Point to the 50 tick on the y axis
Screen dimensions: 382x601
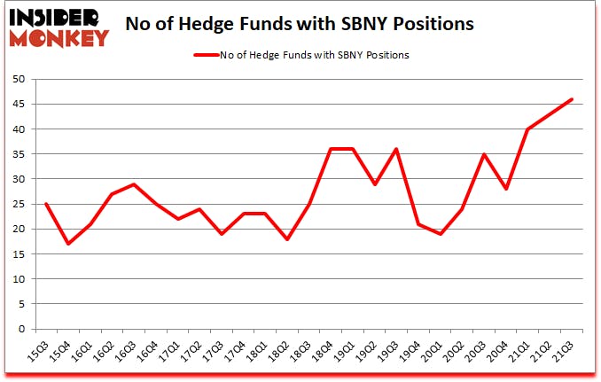point(18,80)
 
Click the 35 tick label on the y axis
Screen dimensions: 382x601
point(18,154)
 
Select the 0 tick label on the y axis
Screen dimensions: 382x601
point(21,329)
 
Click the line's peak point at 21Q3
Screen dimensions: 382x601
point(573,99)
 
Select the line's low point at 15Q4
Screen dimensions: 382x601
point(67,244)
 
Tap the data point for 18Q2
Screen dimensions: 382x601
point(286,239)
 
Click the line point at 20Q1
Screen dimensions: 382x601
point(441,234)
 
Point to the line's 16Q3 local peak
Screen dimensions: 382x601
point(133,184)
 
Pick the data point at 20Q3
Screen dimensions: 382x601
point(485,154)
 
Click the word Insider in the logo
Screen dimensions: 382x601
point(58,16)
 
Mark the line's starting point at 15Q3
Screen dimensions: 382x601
point(45,204)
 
